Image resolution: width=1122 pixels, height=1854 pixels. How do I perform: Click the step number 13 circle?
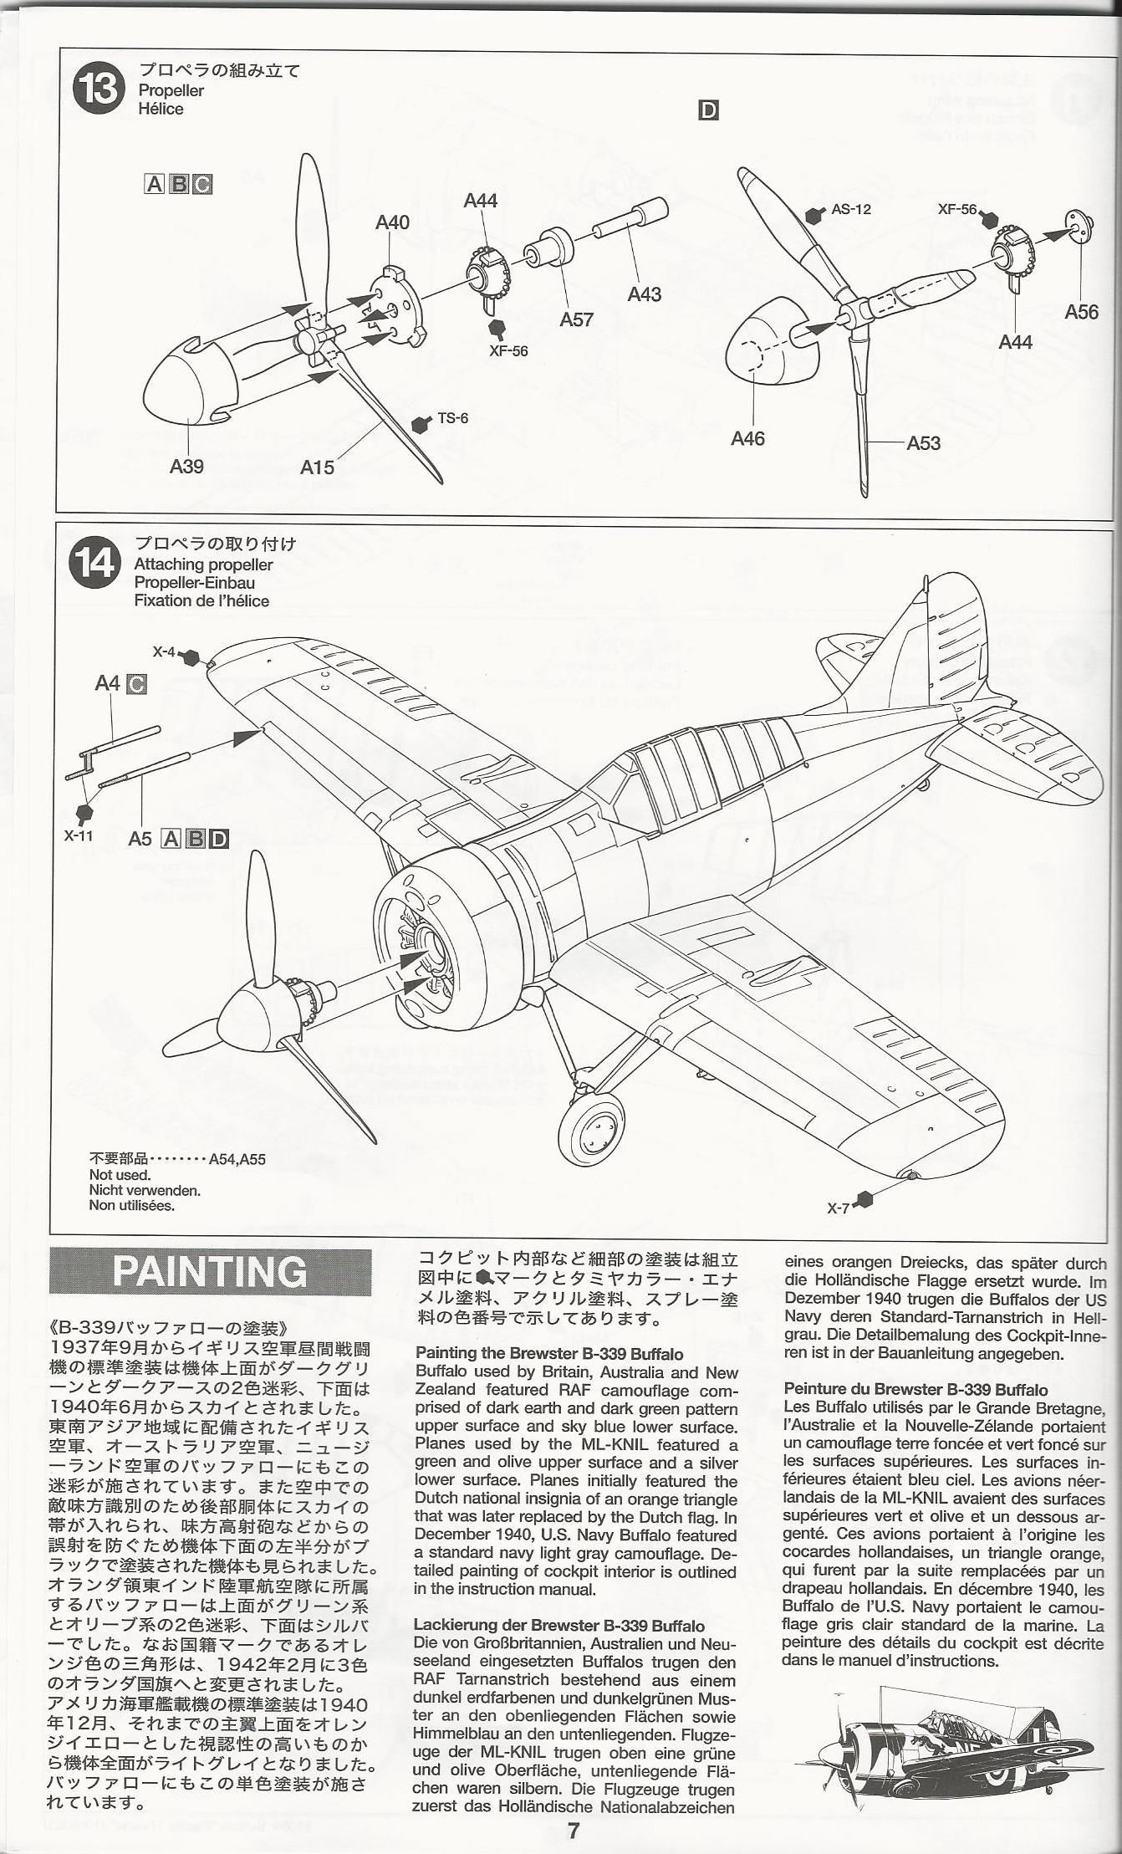coord(99,89)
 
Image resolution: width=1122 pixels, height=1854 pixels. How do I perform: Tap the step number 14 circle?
coord(96,562)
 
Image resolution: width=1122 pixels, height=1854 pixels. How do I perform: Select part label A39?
coord(186,466)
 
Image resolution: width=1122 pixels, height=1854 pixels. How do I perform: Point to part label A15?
coord(318,467)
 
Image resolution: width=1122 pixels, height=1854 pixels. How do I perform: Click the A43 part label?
coord(645,294)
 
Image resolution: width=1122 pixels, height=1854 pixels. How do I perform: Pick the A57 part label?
coord(577,319)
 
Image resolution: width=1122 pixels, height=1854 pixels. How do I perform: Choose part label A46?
coord(747,438)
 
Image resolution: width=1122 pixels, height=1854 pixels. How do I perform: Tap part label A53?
coord(923,442)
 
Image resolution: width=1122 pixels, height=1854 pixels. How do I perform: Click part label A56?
coord(1081,312)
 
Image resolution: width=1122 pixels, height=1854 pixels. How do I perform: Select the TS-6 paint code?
coord(452,417)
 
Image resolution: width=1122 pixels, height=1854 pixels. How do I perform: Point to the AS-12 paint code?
coord(850,209)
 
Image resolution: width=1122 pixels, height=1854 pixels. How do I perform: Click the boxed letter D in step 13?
coord(708,110)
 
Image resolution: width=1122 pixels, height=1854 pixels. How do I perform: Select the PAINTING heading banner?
coord(210,1272)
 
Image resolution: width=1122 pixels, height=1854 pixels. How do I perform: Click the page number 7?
coord(574,1831)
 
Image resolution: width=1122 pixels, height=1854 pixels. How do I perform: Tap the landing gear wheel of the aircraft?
coord(595,1131)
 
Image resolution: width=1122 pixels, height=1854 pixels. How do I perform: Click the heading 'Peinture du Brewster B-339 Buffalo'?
coord(915,1389)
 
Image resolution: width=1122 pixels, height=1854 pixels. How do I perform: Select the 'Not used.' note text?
coord(120,1175)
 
